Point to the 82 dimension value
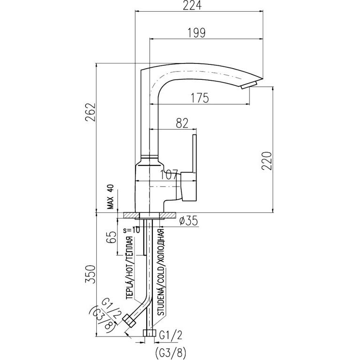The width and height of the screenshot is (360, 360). click(x=181, y=123)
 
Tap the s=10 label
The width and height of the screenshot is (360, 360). click(x=130, y=230)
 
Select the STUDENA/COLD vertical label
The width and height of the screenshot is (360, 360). click(x=161, y=273)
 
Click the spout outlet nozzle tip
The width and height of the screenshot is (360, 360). click(x=249, y=85)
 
